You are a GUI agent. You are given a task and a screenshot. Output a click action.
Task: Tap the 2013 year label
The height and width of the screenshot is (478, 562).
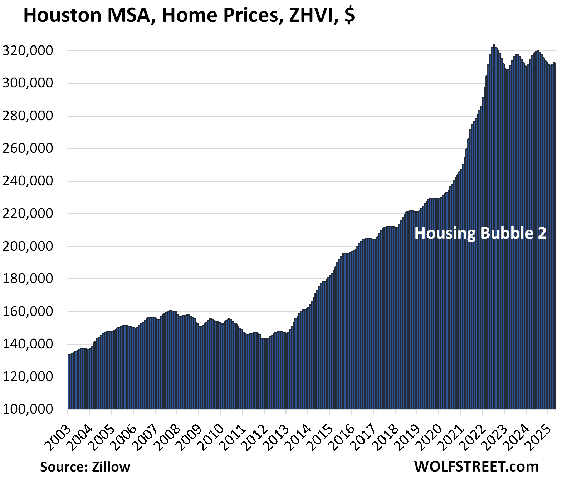coord(277,435)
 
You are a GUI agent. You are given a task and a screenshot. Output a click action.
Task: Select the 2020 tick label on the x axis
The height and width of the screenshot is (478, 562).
coord(430,435)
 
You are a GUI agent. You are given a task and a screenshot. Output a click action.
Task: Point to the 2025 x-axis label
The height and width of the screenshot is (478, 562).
coord(539,435)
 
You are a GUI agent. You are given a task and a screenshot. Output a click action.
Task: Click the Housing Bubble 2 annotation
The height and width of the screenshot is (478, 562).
coord(480,233)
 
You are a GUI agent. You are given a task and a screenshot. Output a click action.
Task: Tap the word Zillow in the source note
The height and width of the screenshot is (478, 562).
coord(111,467)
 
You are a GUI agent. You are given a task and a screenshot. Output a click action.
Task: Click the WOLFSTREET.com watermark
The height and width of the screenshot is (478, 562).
coord(477,467)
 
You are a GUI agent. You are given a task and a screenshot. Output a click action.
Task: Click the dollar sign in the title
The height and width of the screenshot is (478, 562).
coord(350,16)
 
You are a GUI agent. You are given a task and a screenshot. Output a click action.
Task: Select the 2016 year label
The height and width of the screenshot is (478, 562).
coord(343,435)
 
